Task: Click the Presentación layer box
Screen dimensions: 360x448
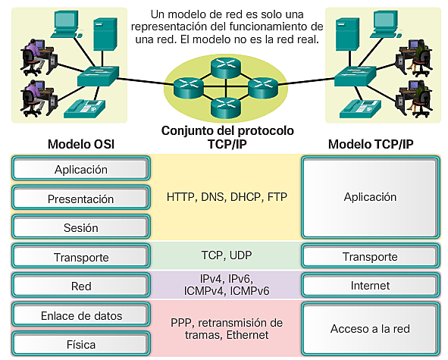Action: coord(81,199)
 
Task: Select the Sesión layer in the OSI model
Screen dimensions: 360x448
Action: coord(81,227)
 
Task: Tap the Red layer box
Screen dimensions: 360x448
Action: coord(81,286)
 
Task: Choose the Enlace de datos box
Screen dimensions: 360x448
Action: coord(81,315)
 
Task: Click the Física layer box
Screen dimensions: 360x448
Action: coord(81,344)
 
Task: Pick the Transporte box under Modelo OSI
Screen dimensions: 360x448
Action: coord(81,257)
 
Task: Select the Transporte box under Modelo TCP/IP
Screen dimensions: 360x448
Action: coord(369,257)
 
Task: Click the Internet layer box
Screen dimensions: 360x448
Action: coord(369,286)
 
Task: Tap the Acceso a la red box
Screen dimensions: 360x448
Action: coord(369,329)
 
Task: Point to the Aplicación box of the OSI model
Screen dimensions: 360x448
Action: coord(81,170)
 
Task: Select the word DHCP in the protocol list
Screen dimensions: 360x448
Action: coord(246,197)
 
